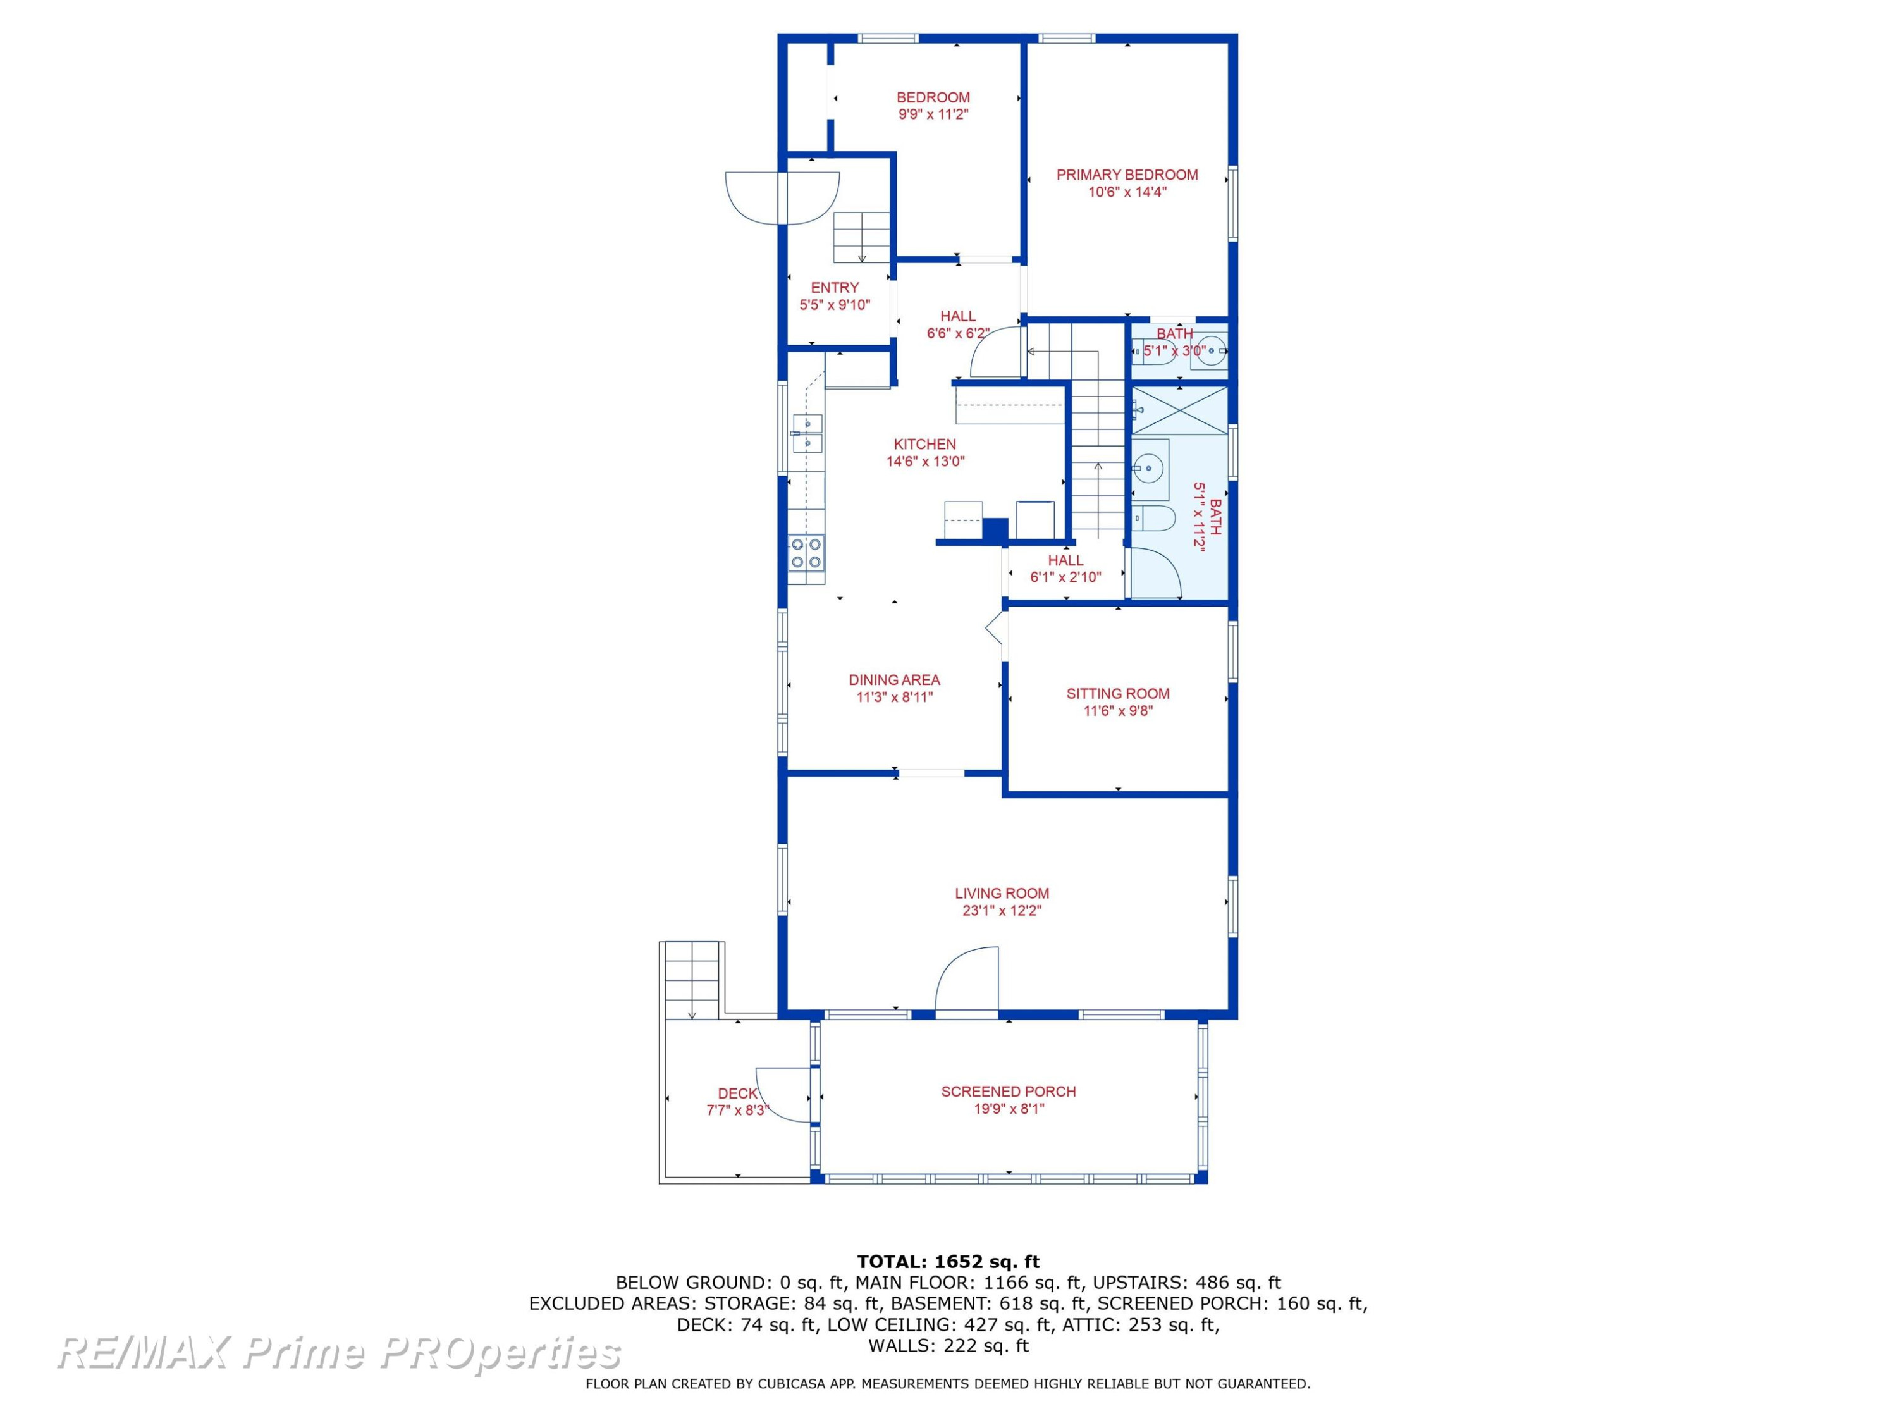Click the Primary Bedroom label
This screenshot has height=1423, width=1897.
[x=1127, y=175]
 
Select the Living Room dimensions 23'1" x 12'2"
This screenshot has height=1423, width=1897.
[x=1002, y=911]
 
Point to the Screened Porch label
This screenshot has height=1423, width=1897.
[x=1009, y=1092]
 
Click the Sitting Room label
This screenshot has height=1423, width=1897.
[x=1117, y=694]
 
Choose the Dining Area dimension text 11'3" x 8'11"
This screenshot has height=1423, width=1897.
[x=895, y=698]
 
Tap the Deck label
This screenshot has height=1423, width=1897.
[x=737, y=1093]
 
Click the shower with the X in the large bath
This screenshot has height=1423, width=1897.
[x=1180, y=411]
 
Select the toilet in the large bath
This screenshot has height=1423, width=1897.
[x=1154, y=518]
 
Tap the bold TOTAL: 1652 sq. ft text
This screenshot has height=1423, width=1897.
[x=948, y=1262]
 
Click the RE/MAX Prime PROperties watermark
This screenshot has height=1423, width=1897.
[x=339, y=1353]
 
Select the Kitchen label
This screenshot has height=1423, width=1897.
[x=924, y=445]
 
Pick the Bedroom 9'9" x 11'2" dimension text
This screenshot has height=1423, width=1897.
[x=933, y=114]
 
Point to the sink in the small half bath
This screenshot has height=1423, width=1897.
[x=1211, y=351]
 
